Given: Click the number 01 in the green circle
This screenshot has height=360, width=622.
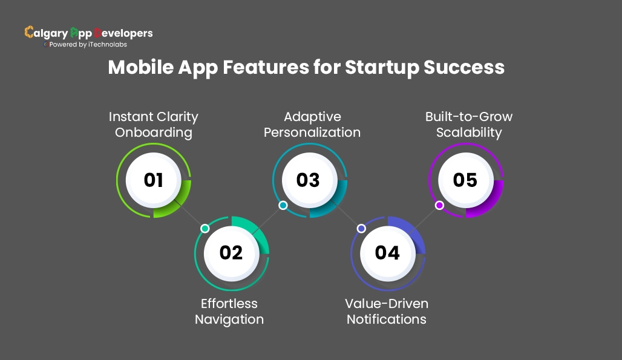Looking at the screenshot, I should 154,180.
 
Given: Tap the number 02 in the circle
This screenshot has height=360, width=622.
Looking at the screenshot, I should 231,252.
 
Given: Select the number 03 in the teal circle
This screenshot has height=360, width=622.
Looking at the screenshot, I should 308,180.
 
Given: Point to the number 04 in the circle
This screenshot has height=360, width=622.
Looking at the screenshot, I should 387,252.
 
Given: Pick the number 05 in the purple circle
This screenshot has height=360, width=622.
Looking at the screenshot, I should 465,180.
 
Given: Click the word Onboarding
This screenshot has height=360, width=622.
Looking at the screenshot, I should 154,133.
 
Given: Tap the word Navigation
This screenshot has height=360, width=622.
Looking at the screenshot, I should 229,319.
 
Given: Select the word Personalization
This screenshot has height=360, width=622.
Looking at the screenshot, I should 312,133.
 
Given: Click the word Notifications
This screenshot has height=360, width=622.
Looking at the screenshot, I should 387,319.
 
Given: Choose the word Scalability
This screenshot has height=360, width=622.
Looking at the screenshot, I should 469,133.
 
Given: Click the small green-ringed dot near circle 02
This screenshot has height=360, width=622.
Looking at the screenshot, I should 205,229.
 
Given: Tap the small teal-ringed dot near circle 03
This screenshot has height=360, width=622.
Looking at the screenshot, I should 283,206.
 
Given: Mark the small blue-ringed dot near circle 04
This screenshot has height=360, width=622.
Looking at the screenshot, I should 361,229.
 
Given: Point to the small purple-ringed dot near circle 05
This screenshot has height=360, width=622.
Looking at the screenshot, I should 439,206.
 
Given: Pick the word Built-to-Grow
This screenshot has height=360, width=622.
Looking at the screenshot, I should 469,116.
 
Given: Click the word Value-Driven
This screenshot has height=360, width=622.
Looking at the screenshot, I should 387,303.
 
